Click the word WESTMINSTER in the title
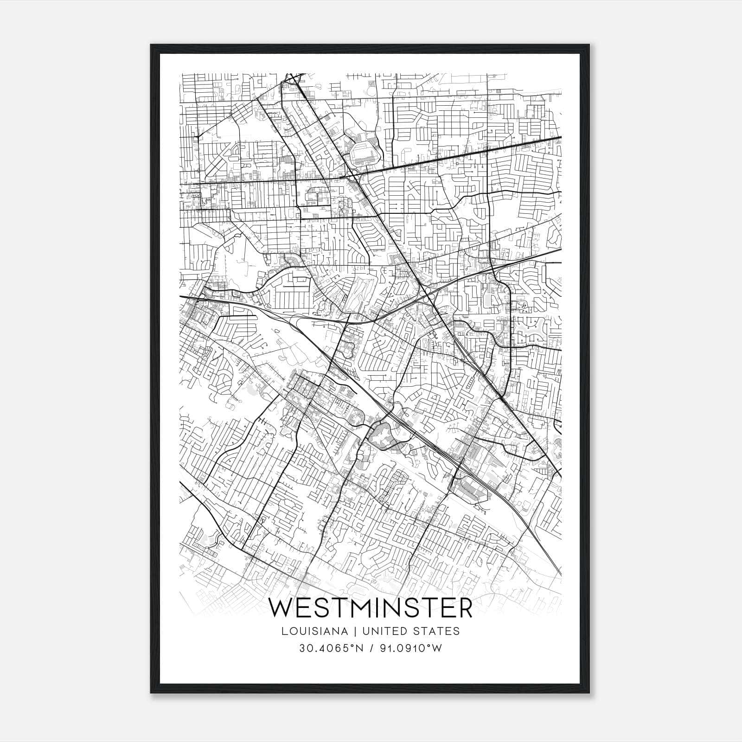click(x=371, y=608)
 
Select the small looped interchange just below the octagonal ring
click(x=354, y=176)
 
